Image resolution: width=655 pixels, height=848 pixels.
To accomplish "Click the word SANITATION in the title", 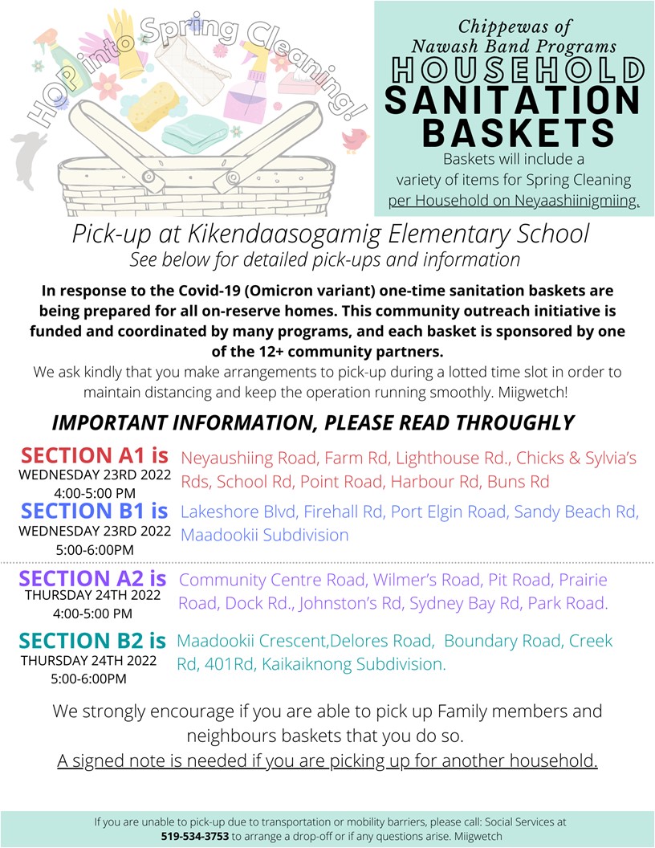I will pos(512,100).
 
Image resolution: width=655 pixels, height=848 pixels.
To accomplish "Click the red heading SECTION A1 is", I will pos(95,455).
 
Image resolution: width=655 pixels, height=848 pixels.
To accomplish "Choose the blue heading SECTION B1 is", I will pos(95,511).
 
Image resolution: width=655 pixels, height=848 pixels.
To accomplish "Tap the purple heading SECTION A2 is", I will pos(92,578).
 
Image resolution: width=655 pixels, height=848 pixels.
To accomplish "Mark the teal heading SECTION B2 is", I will pos(92,640).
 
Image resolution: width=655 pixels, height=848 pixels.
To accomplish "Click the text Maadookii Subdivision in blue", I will pos(265,535).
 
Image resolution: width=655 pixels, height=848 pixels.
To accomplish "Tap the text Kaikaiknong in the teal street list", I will pos(305,665).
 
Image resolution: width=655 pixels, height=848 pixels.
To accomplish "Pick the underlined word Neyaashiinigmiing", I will pos(555,200).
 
